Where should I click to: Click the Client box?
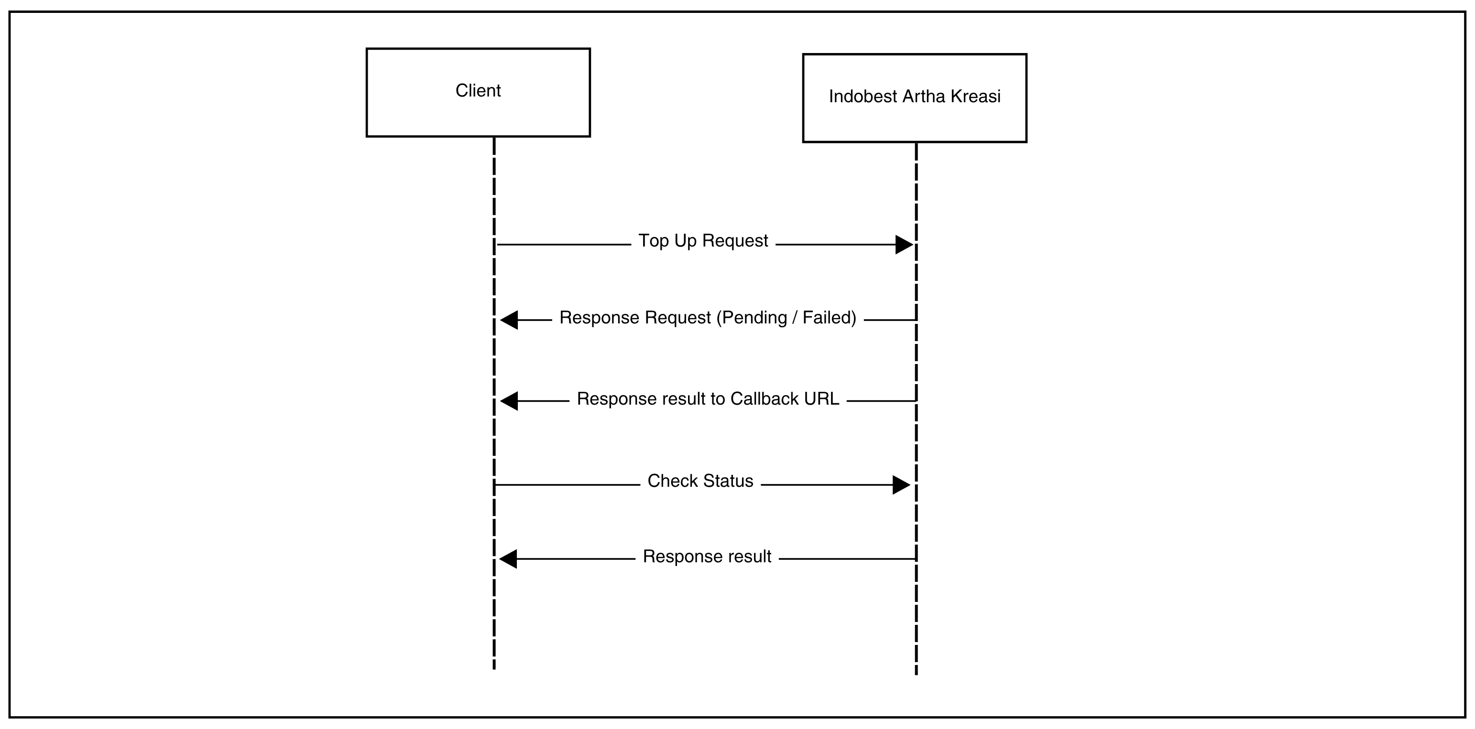478,92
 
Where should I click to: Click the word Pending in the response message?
754,318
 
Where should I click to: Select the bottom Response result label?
707,557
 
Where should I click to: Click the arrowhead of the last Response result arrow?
508,558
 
